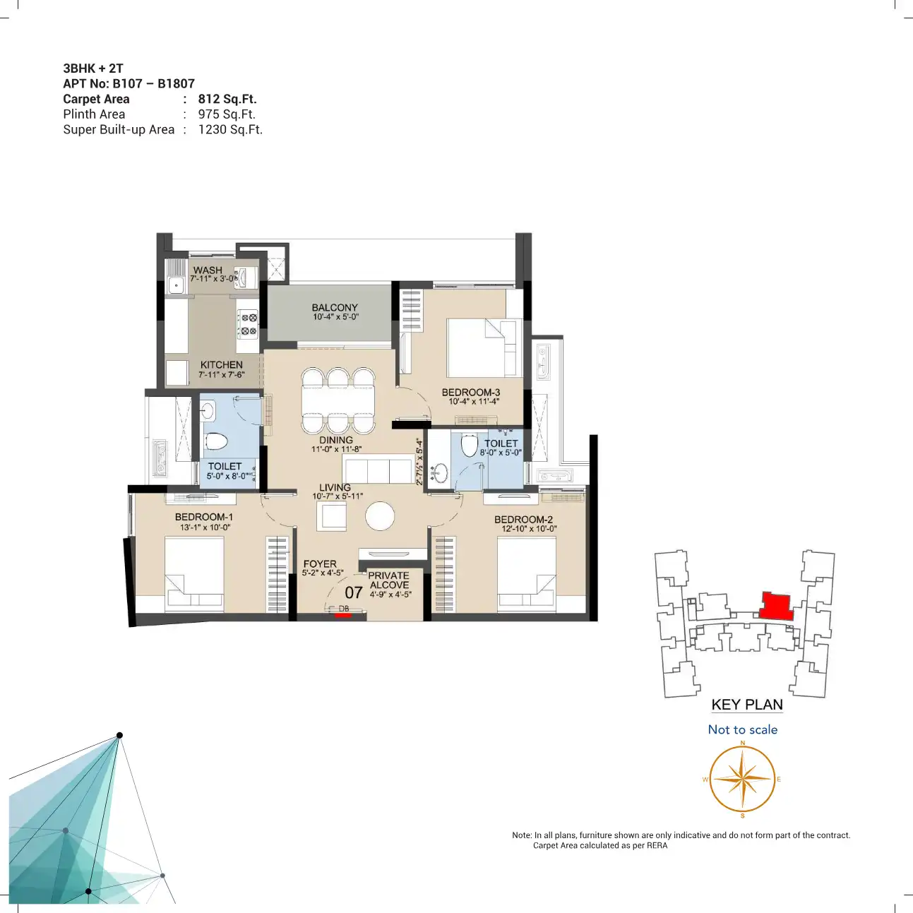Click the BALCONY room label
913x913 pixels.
point(335,307)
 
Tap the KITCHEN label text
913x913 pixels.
point(221,365)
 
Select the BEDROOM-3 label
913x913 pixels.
point(471,393)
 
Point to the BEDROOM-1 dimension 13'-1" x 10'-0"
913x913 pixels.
point(205,527)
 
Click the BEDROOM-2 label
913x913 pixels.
point(523,520)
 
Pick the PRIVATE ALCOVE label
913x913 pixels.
point(389,580)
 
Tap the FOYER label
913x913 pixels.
point(320,563)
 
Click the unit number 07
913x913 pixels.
point(354,592)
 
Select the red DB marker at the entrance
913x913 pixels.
point(343,616)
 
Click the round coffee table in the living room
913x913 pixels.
point(380,516)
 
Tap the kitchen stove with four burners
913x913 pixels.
point(247,324)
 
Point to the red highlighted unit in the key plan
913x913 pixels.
point(776,606)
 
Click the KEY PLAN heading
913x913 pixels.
point(747,705)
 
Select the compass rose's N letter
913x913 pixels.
point(742,743)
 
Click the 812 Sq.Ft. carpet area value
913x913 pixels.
point(227,99)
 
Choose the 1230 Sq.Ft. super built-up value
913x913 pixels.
point(230,129)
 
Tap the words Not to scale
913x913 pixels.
point(742,729)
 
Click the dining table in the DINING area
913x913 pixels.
point(338,401)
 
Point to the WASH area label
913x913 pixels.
point(208,270)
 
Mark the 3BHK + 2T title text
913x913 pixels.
point(93,68)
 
